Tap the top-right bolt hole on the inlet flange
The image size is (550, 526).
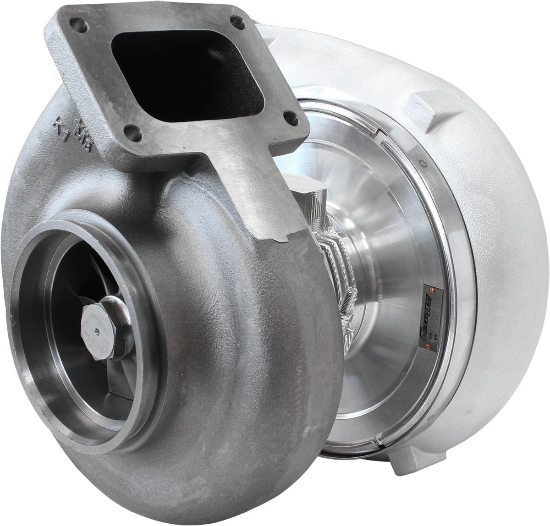(x=236, y=22)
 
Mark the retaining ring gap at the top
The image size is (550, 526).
(x=379, y=132)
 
